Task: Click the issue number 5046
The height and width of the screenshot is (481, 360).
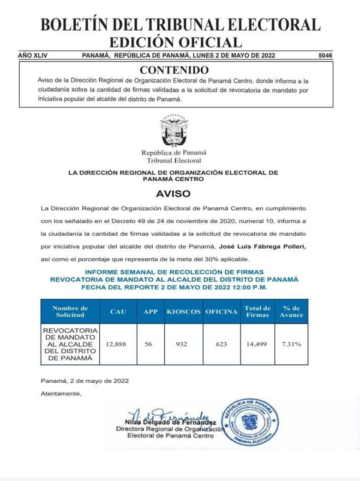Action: (325, 55)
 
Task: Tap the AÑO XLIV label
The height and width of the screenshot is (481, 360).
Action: (33, 55)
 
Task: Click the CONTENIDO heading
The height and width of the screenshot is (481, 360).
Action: (174, 70)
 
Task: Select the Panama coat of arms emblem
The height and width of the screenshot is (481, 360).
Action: (174, 131)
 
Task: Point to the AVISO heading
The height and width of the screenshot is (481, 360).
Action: (173, 194)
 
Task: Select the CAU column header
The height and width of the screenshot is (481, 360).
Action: (118, 312)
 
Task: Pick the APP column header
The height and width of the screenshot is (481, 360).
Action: (150, 312)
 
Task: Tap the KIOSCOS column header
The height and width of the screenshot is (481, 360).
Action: (184, 312)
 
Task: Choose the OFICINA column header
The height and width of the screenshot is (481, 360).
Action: (222, 312)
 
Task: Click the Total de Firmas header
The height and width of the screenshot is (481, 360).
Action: (258, 312)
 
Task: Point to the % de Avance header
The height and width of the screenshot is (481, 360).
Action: (292, 312)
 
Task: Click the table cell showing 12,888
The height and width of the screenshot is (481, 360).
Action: (118, 344)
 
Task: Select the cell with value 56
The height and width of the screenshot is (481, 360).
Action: (149, 344)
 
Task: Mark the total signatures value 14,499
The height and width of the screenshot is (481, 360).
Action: (257, 344)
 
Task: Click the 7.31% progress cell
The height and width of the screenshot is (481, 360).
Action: (292, 344)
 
